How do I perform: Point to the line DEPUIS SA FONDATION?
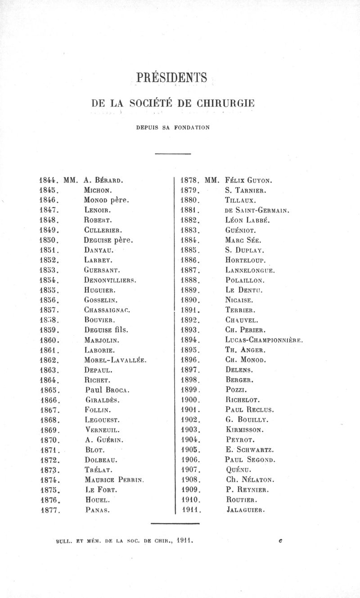[173, 128]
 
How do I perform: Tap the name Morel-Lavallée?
[116, 360]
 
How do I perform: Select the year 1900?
[189, 399]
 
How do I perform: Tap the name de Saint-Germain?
[256, 210]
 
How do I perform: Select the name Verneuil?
[103, 429]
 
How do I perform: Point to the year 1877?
[48, 510]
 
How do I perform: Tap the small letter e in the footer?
[280, 542]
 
